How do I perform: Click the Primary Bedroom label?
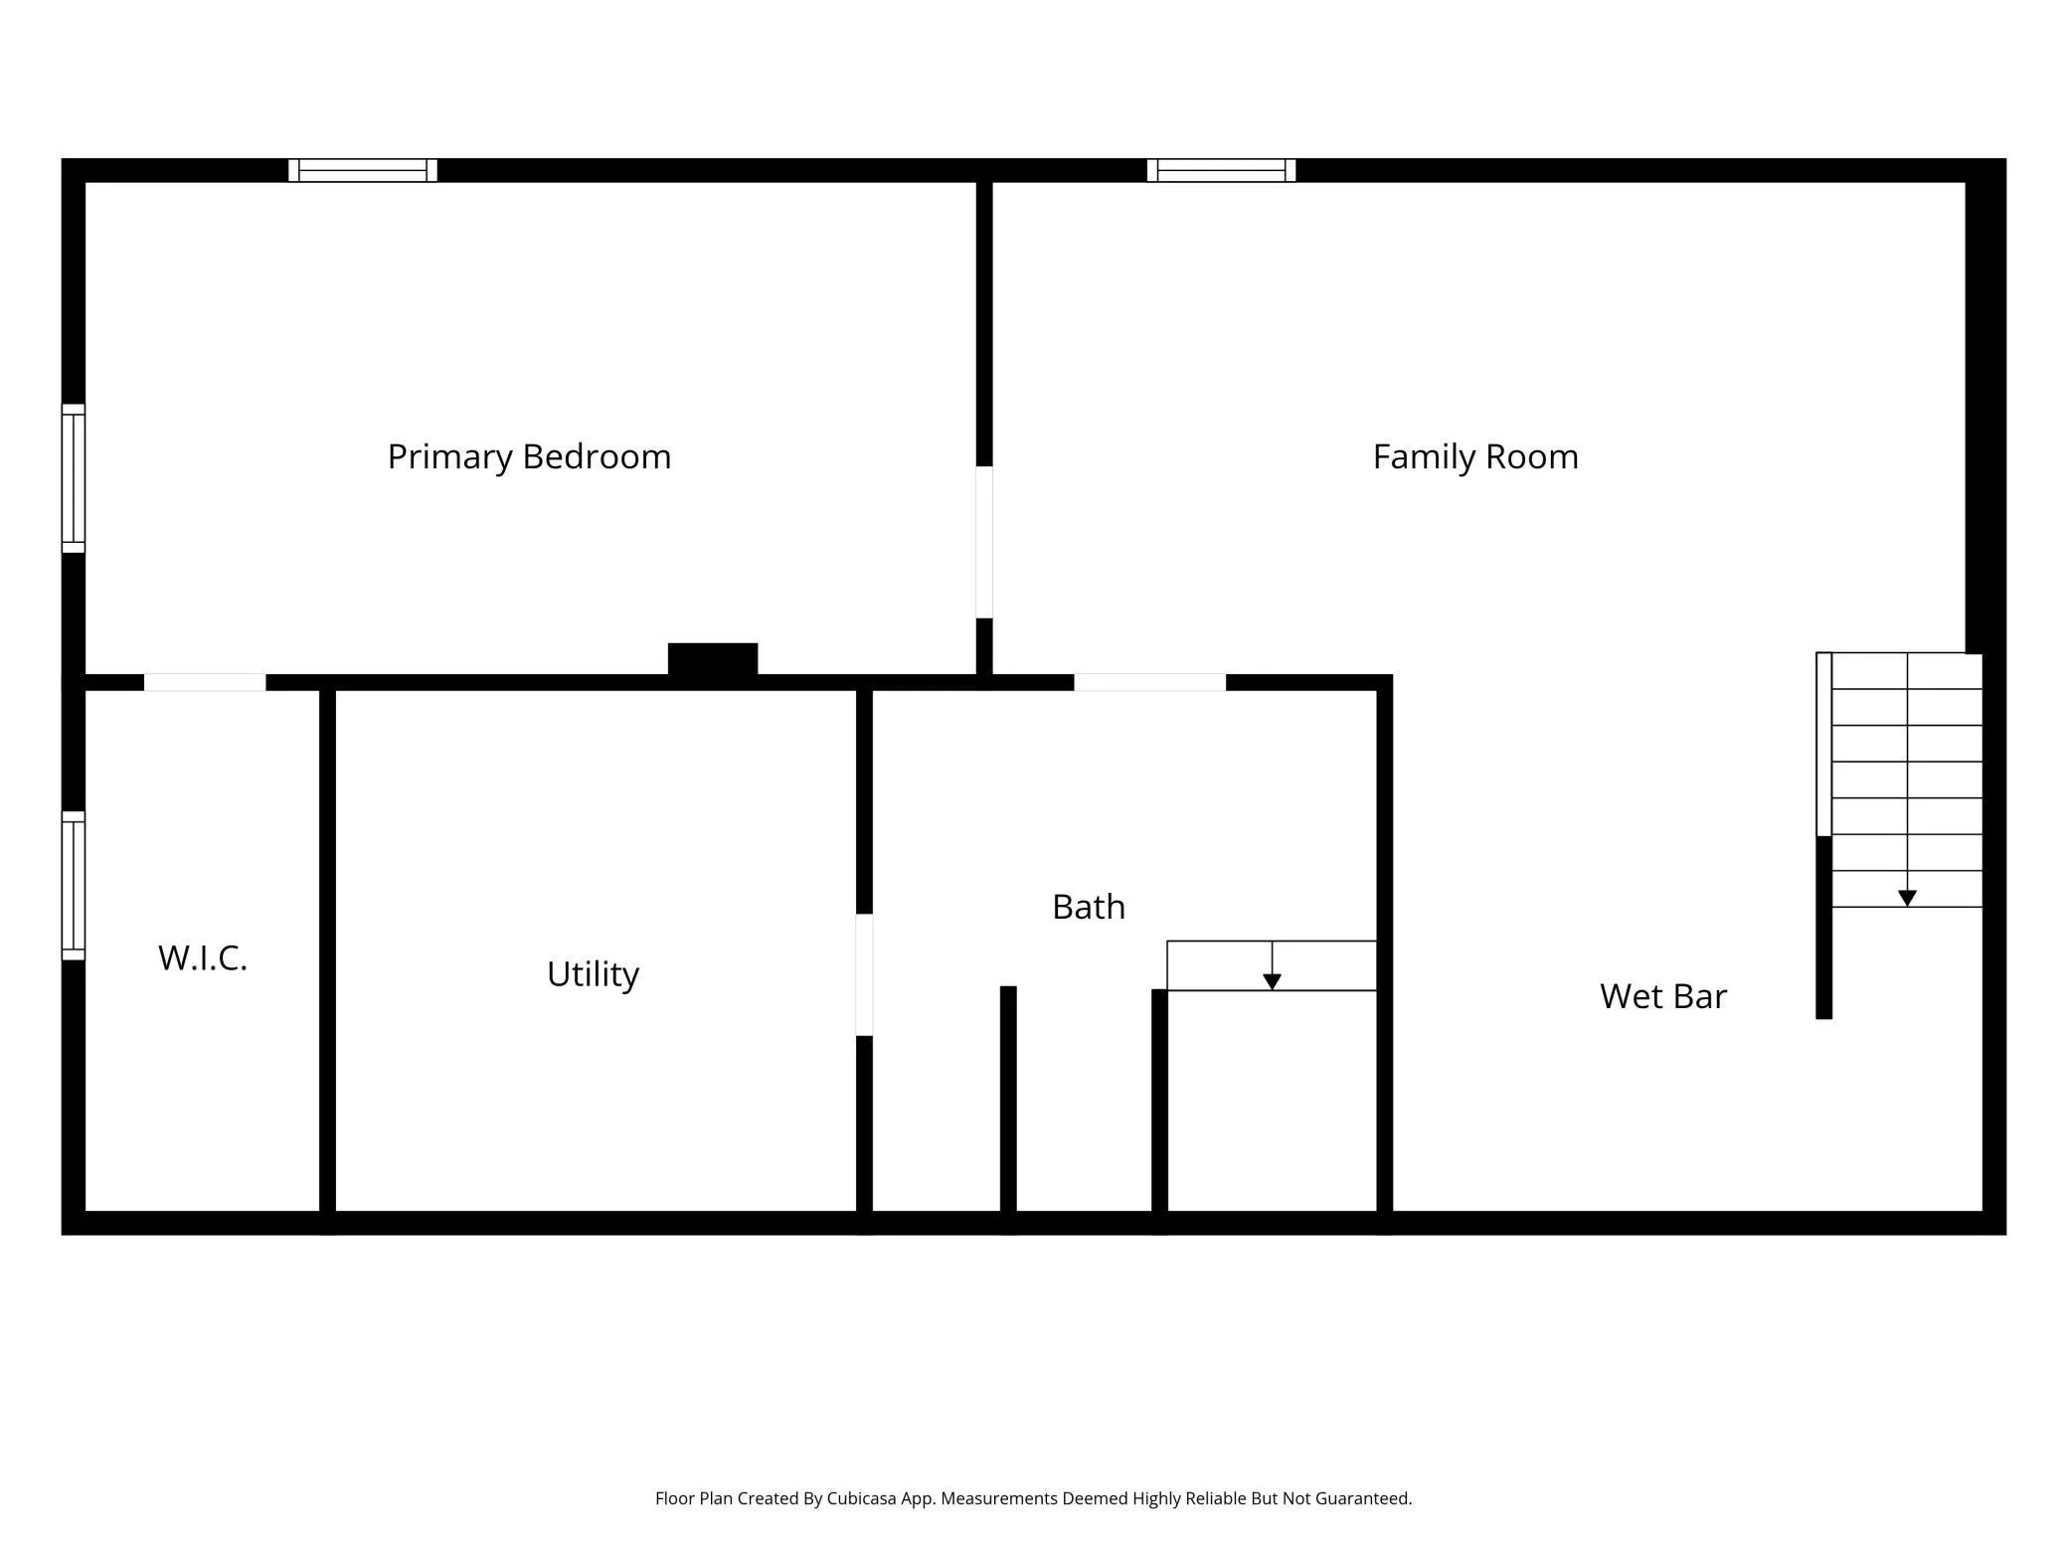(529, 457)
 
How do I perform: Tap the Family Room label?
(1475, 457)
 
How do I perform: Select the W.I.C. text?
(203, 958)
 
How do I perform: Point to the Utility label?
(593, 974)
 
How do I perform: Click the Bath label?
(1089, 907)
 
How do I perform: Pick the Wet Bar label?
(1663, 996)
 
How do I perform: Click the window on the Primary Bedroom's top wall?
(363, 170)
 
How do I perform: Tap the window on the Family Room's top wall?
(1221, 170)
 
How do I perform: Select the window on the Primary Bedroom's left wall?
(74, 478)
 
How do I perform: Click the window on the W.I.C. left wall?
(74, 886)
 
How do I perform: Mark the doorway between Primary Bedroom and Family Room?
(984, 542)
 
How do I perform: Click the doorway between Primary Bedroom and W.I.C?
(205, 682)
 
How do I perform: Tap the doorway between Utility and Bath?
(865, 974)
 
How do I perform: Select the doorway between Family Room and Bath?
(1150, 682)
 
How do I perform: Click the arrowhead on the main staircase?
(1907, 898)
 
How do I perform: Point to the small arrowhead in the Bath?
(1272, 982)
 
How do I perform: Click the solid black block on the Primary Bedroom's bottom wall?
(713, 659)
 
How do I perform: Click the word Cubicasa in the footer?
(863, 1498)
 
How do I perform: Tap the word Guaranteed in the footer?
(1363, 1498)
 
